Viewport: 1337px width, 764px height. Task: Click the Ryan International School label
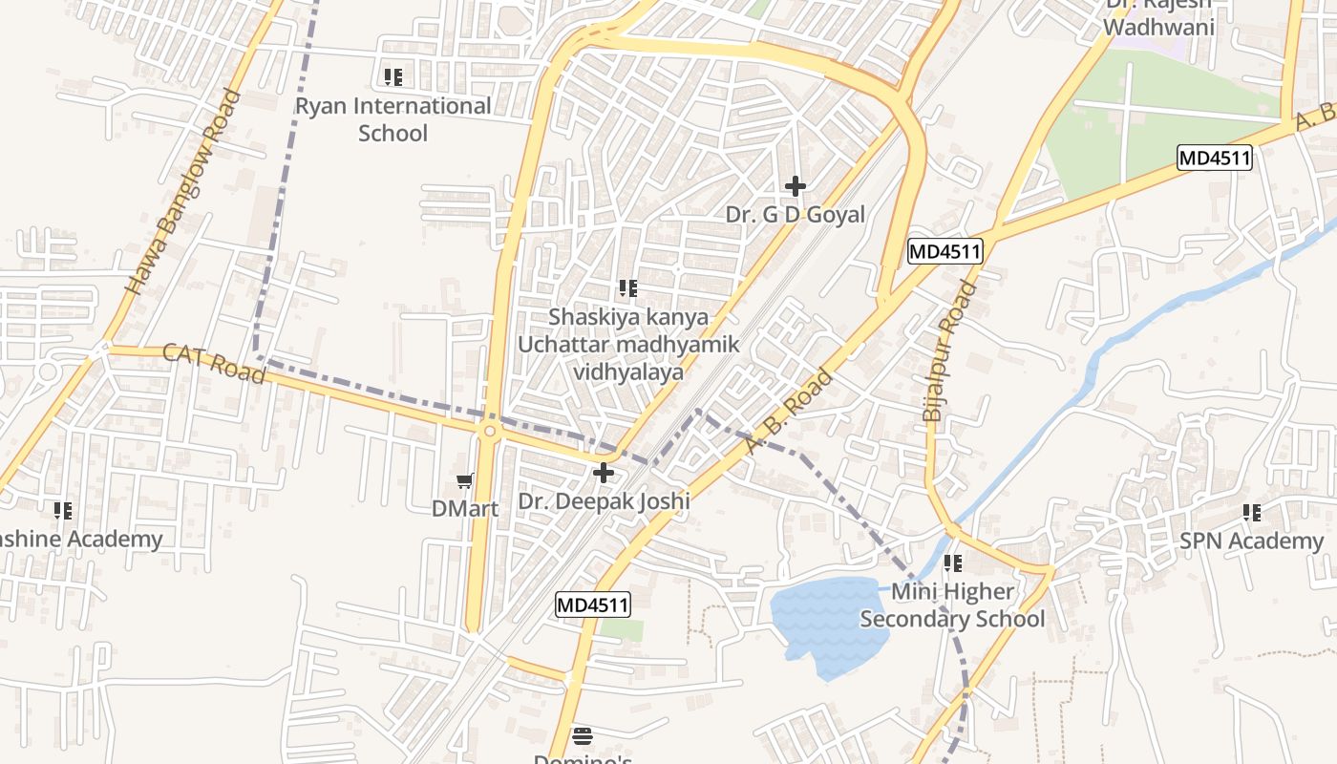(393, 119)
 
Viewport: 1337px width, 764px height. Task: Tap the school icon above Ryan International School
(393, 76)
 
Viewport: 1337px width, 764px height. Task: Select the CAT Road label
(213, 363)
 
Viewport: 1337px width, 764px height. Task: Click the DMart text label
(465, 508)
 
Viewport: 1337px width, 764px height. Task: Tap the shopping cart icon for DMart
(465, 481)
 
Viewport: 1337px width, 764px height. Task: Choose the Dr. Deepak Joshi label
(604, 500)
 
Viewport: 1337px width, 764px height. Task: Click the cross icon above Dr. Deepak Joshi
(604, 473)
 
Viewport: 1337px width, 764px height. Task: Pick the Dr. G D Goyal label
(795, 214)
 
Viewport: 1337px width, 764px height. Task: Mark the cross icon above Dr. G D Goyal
(795, 186)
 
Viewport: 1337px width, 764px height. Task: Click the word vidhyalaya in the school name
(628, 371)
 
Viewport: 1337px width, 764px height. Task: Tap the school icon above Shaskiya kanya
(627, 287)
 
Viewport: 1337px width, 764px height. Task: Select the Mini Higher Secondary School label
(952, 605)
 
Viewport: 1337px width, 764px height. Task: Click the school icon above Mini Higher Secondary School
(952, 563)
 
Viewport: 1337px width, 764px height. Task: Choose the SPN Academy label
(1251, 541)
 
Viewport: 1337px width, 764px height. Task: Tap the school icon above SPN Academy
(1252, 513)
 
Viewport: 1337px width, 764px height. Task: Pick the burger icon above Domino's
(583, 735)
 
